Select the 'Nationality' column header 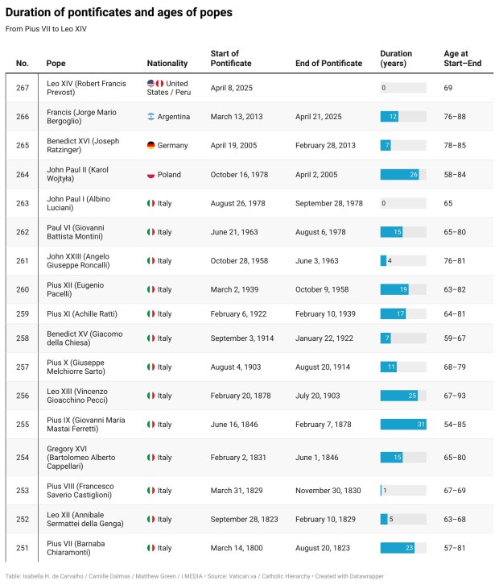click(x=167, y=63)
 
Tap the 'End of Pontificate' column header click(x=328, y=63)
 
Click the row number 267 click(x=23, y=88)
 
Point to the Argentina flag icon click(x=151, y=117)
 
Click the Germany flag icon click(x=151, y=146)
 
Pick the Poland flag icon click(x=151, y=175)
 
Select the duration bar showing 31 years click(x=403, y=424)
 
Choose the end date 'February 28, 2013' click(x=330, y=146)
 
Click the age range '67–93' click(x=456, y=396)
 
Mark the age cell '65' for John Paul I click(x=448, y=203)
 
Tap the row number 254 click(x=23, y=458)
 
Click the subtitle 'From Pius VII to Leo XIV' click(x=46, y=29)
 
